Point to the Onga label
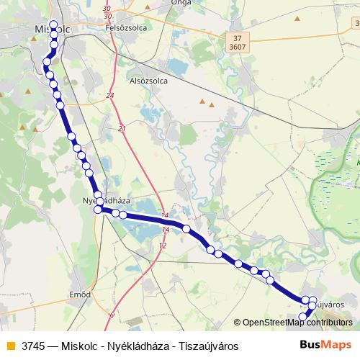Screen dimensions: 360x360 click(x=179, y=3)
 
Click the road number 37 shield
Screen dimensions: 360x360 click(x=238, y=37)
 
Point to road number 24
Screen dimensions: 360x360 click(x=110, y=95)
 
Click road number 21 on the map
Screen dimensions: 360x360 click(x=122, y=128)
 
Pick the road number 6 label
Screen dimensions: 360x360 click(x=112, y=315)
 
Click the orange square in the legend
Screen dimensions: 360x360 click(x=9, y=346)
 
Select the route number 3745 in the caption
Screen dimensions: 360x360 click(x=34, y=346)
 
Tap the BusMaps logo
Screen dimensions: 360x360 click(x=322, y=345)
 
